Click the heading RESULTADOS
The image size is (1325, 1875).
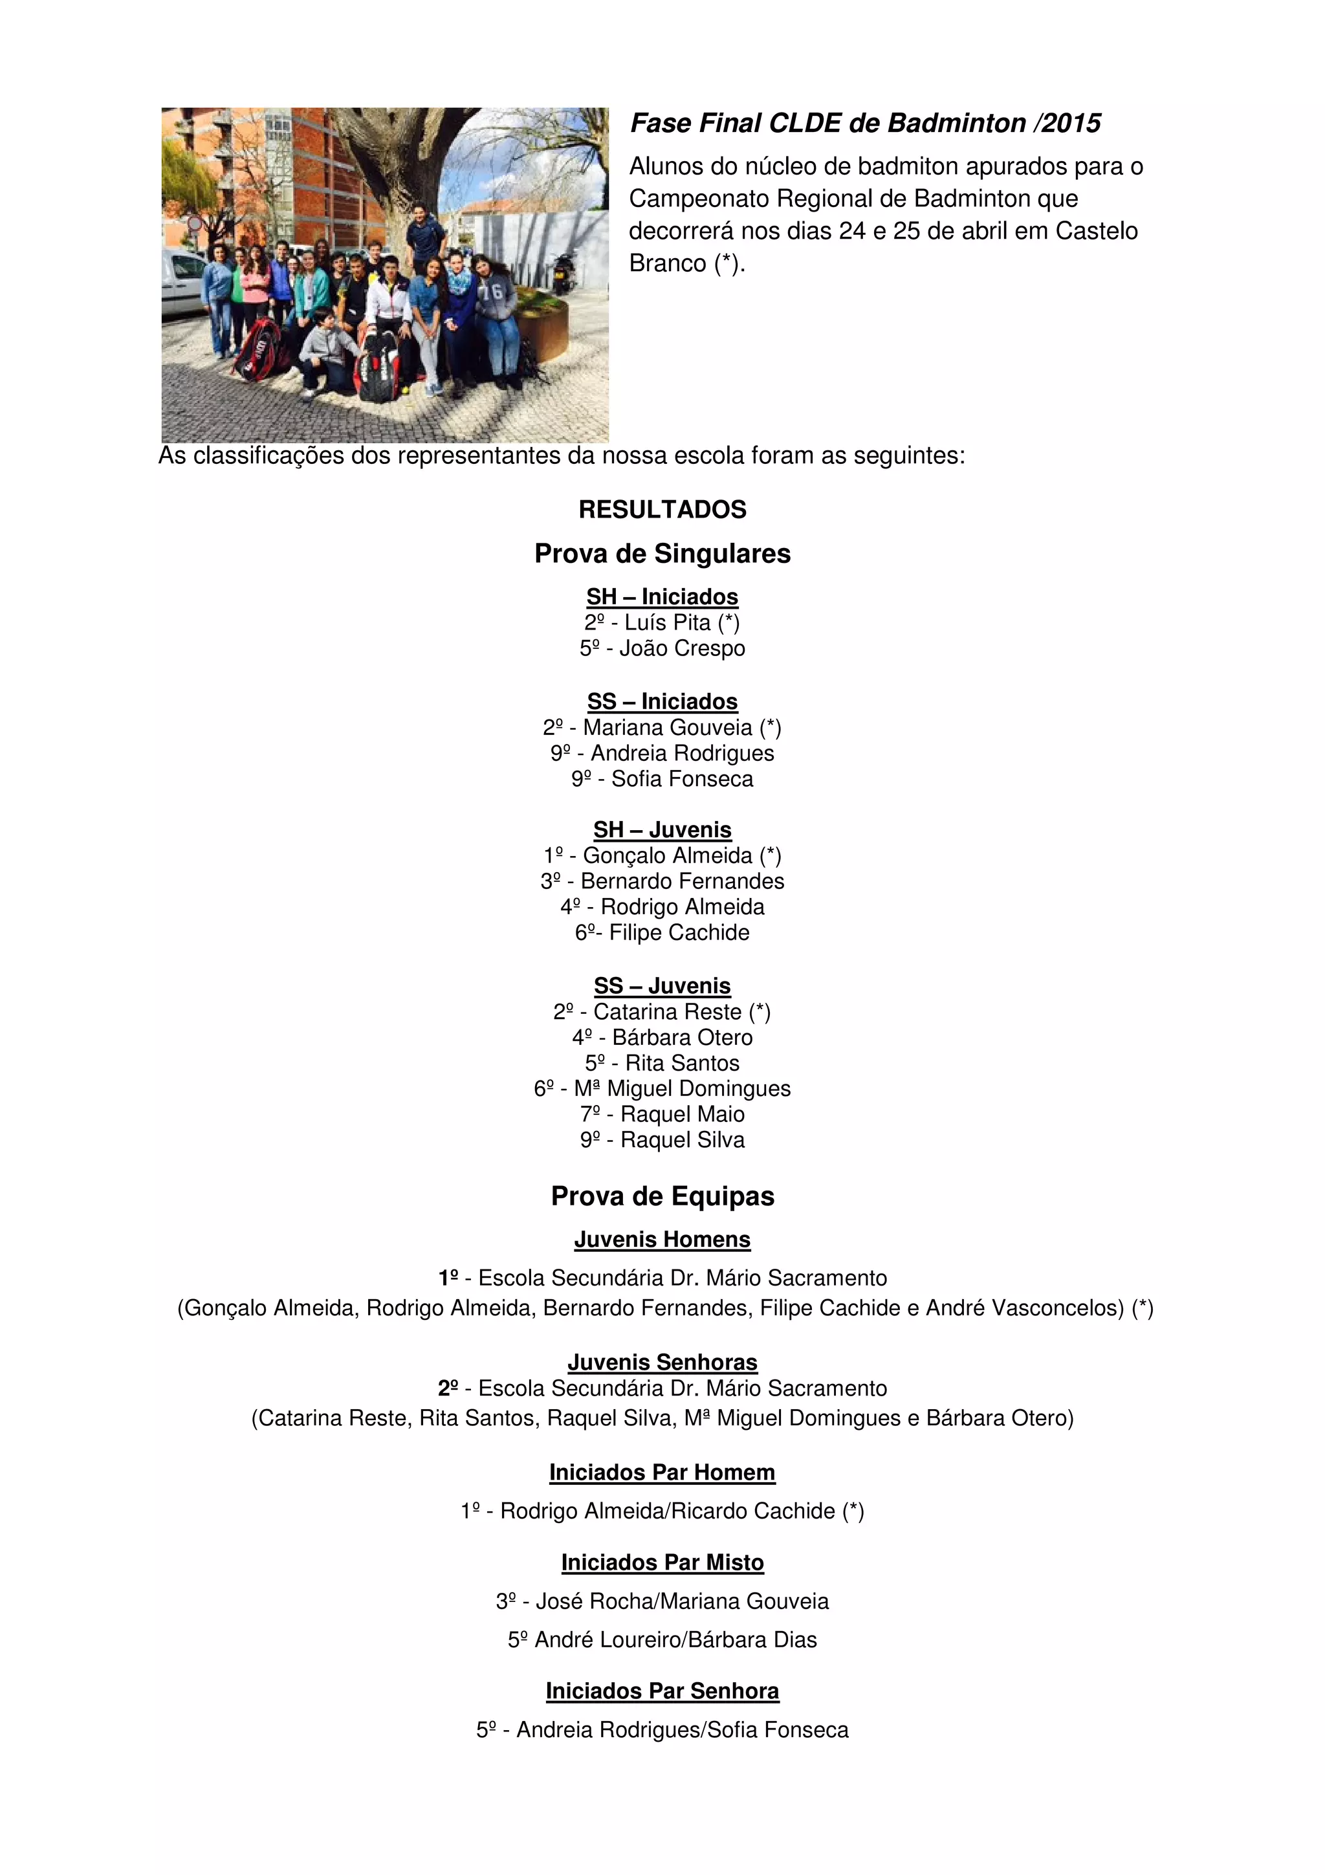[x=662, y=510]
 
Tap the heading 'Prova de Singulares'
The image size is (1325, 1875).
[x=662, y=554]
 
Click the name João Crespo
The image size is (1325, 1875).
[x=682, y=648]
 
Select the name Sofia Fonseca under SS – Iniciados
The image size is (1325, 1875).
[x=682, y=779]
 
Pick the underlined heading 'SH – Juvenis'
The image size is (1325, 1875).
[x=662, y=829]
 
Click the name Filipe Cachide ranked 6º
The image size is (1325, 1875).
[x=679, y=932]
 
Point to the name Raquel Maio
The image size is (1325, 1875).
[x=683, y=1114]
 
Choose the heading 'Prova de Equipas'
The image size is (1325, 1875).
[x=662, y=1196]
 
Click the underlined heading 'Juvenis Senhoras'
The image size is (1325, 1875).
[x=662, y=1362]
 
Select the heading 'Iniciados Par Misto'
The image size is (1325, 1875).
[x=662, y=1562]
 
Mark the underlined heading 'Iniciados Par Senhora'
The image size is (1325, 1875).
[x=662, y=1691]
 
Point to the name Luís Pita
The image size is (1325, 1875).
[x=668, y=623]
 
